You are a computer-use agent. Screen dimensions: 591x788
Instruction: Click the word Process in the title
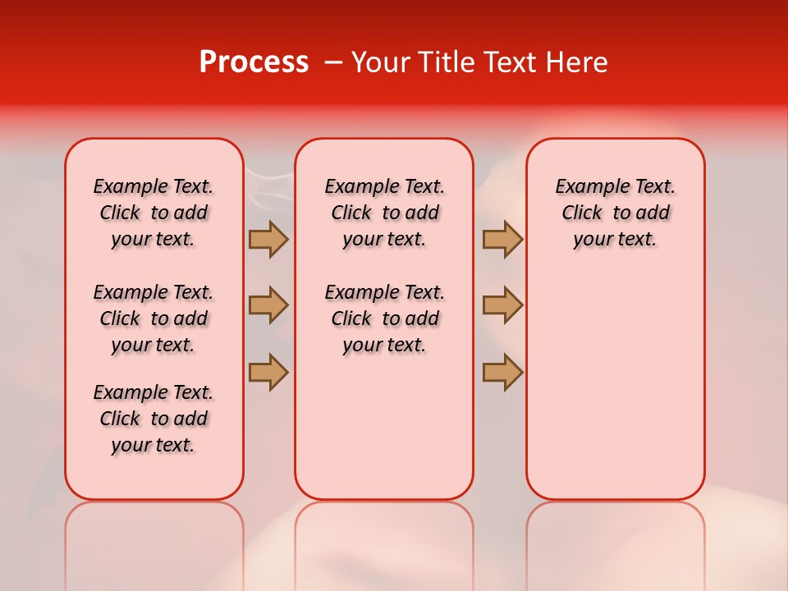[x=254, y=62]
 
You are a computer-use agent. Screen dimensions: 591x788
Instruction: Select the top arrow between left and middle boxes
[x=268, y=239]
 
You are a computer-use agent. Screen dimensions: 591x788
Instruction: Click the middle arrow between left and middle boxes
[x=268, y=305]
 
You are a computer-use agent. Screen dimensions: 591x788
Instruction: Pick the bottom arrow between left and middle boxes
[x=268, y=371]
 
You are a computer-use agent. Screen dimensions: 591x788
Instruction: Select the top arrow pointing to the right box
[x=502, y=239]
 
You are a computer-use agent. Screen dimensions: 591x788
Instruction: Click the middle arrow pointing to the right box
[x=502, y=305]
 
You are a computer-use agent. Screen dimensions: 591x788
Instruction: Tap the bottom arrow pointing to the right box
[x=502, y=371]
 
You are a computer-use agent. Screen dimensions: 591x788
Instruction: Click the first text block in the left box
[x=153, y=213]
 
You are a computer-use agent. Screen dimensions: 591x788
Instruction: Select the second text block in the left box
[x=153, y=318]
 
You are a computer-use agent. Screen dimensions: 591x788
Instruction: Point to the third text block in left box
[x=153, y=419]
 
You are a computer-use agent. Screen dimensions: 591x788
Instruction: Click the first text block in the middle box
[x=384, y=213]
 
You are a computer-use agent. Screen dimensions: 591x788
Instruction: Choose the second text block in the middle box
[x=384, y=318]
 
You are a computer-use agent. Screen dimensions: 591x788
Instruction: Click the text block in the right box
[x=615, y=213]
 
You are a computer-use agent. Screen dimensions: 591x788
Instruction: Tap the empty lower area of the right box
[x=615, y=386]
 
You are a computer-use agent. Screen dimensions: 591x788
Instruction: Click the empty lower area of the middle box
[x=384, y=427]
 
